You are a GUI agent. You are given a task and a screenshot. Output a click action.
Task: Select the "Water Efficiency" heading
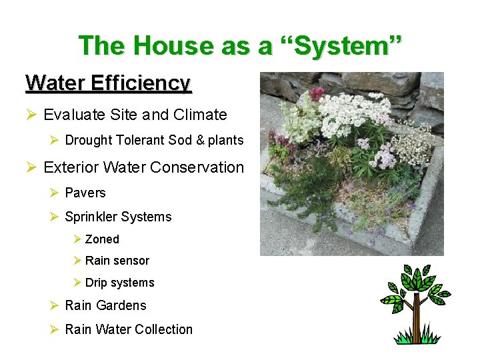[x=108, y=83]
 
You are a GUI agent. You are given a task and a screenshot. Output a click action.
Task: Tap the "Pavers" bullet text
[x=85, y=193]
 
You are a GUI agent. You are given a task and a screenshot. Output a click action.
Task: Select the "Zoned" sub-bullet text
[x=102, y=239]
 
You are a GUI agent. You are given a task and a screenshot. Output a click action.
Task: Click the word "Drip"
[x=97, y=283]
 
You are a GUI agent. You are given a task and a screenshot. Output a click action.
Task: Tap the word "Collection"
[x=163, y=329]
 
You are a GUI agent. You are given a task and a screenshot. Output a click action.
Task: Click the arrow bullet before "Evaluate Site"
[x=31, y=115]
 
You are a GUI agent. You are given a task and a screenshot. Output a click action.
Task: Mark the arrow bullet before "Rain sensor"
[x=77, y=261]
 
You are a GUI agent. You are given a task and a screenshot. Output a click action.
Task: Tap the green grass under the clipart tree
[x=417, y=339]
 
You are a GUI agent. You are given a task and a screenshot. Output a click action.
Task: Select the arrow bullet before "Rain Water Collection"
[x=55, y=329]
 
